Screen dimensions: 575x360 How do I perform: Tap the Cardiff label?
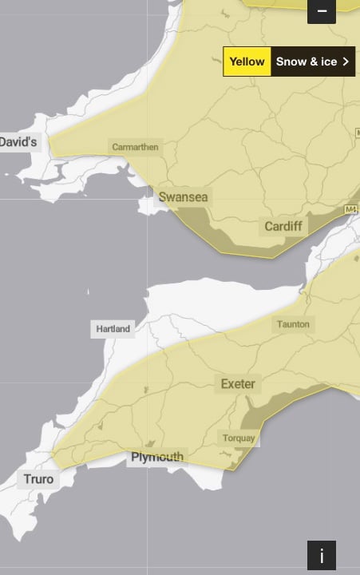pyautogui.click(x=283, y=226)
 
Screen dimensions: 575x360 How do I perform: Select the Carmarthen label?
pyautogui.click(x=135, y=147)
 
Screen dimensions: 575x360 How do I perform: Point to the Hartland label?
pyautogui.click(x=113, y=329)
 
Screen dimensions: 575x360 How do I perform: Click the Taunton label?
pyautogui.click(x=293, y=324)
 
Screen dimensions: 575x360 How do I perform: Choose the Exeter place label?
pyautogui.click(x=238, y=384)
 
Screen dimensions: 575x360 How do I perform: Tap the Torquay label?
pyautogui.click(x=239, y=438)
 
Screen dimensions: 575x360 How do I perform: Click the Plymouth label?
pyautogui.click(x=156, y=458)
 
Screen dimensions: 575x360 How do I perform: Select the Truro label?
pyautogui.click(x=38, y=479)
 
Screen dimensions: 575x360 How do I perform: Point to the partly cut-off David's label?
pyautogui.click(x=18, y=141)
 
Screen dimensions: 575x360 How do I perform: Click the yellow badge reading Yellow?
pyautogui.click(x=247, y=61)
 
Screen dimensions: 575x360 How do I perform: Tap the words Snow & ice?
pyautogui.click(x=307, y=61)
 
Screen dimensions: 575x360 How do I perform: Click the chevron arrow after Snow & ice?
pyautogui.click(x=346, y=61)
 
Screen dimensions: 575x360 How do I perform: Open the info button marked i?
pyautogui.click(x=322, y=555)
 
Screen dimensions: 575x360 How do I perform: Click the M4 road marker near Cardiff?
pyautogui.click(x=350, y=209)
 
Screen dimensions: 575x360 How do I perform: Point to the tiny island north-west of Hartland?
pyautogui.click(x=88, y=292)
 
